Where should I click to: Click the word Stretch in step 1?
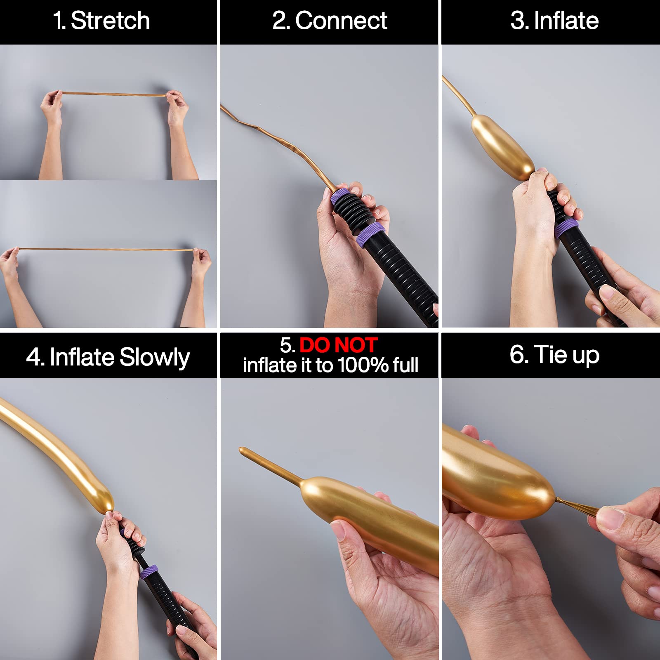[110, 21]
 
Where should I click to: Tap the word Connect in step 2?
[341, 21]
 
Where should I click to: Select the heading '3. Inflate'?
[554, 21]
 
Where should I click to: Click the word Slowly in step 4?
[154, 358]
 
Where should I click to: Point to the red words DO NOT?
[338, 345]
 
